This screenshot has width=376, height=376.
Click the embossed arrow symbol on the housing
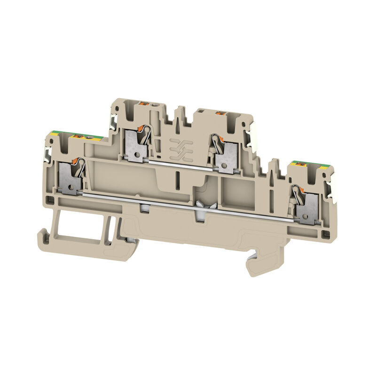[x=178, y=146]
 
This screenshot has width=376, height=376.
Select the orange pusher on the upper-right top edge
[x=219, y=113]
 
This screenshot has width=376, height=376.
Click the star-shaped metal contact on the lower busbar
[x=201, y=205]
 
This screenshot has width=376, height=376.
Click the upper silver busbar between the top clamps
[x=181, y=164]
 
